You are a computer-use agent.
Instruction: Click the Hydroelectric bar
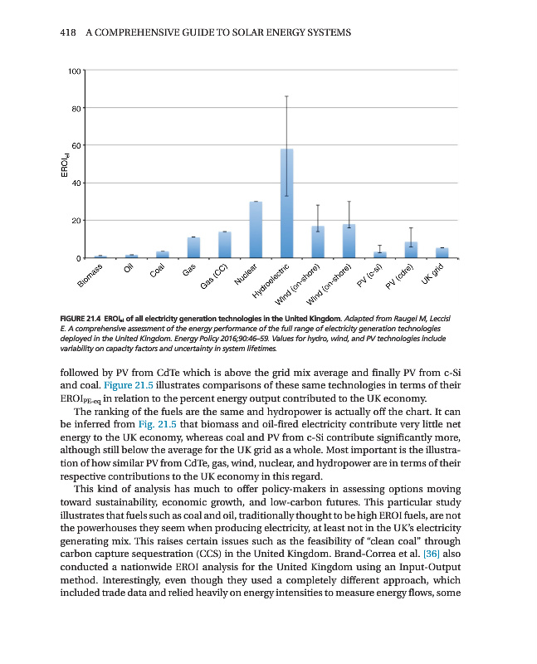[286, 203]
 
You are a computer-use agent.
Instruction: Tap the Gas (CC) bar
[224, 244]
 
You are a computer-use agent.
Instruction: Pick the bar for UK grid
[442, 252]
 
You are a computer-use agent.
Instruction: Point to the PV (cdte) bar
[411, 250]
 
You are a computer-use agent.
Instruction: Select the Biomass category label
[92, 277]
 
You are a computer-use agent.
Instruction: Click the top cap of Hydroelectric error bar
[286, 96]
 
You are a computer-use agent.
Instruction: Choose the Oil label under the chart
[128, 271]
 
